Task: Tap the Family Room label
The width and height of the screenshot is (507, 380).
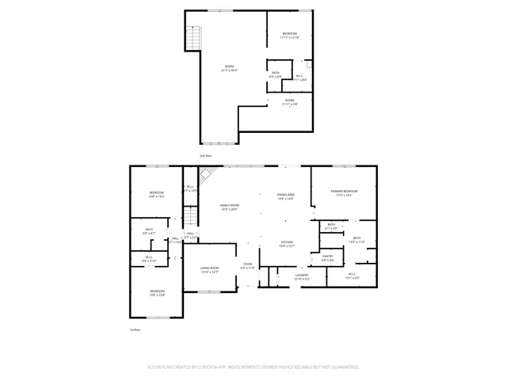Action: (x=230, y=205)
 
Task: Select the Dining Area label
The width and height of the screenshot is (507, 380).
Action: (x=285, y=195)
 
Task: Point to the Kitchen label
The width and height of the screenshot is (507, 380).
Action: (x=288, y=243)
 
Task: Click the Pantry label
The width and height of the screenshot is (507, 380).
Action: (x=327, y=256)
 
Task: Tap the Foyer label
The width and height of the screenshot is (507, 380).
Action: (x=248, y=264)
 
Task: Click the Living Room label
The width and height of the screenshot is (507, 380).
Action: (x=208, y=268)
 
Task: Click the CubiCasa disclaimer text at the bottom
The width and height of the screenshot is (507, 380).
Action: (x=253, y=367)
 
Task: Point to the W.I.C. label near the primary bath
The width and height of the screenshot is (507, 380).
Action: (x=353, y=275)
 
